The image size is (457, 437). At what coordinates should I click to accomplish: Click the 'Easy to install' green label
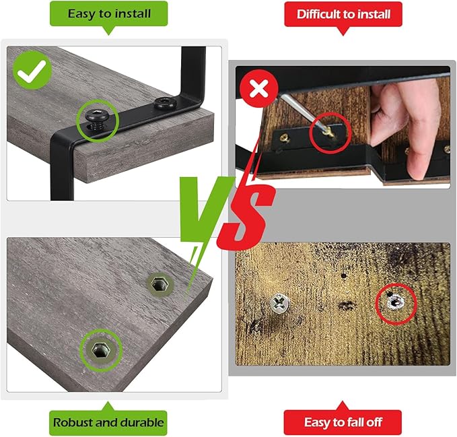tap(109, 13)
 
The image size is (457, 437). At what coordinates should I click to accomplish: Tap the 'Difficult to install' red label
tap(343, 14)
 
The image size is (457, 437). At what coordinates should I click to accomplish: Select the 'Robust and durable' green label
tap(108, 422)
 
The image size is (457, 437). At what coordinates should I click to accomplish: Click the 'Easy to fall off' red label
tap(343, 422)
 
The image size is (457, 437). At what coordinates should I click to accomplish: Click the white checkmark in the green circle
tap(32, 71)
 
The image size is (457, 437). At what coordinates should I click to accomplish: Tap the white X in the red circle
tap(259, 89)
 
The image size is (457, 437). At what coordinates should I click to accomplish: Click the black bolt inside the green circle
tap(97, 118)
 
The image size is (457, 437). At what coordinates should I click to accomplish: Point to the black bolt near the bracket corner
tap(166, 103)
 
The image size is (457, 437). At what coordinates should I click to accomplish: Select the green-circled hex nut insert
tap(101, 349)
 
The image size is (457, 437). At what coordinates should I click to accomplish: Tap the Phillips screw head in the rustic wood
tap(279, 303)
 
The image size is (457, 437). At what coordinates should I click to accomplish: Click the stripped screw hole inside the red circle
tap(395, 302)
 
